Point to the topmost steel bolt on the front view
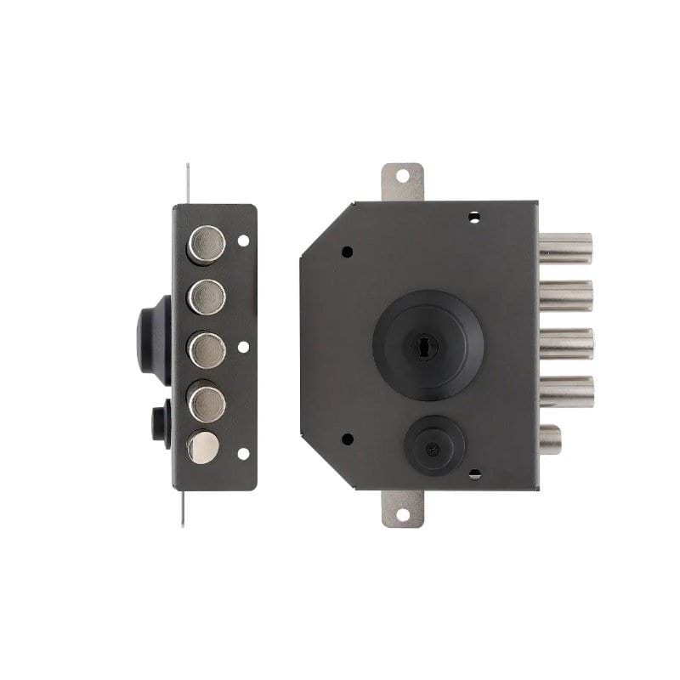(x=564, y=249)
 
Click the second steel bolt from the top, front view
(x=564, y=294)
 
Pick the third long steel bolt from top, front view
(x=564, y=343)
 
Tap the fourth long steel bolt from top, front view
(x=564, y=391)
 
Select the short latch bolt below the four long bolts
(x=551, y=440)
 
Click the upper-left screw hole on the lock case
(x=347, y=252)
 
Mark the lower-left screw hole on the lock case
(x=347, y=439)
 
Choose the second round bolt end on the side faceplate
(x=207, y=297)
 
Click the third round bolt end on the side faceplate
(x=207, y=348)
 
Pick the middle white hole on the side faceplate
(x=243, y=348)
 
